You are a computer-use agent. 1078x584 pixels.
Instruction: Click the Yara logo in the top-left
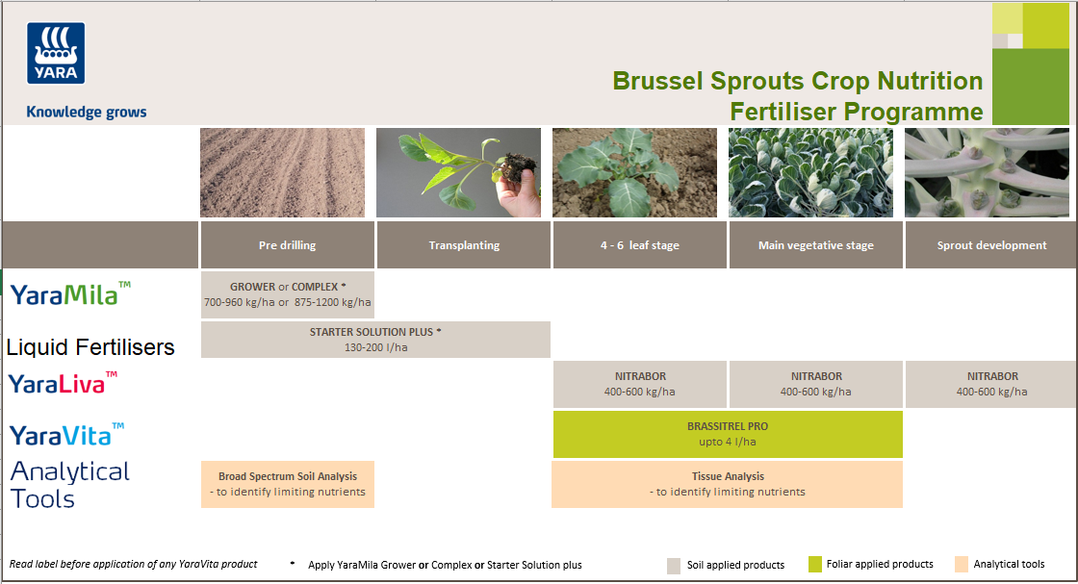coord(57,54)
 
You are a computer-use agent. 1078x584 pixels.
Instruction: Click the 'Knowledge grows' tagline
coord(87,112)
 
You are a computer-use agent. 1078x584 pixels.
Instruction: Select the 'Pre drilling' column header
coord(287,245)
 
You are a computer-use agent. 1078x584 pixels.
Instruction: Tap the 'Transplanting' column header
coord(464,245)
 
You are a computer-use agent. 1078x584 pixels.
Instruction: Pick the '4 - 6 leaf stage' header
coord(639,245)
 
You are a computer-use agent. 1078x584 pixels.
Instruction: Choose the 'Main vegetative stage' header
coord(815,245)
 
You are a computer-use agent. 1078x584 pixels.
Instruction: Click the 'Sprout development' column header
coord(991,245)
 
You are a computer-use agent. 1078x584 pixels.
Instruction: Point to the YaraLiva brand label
coord(64,383)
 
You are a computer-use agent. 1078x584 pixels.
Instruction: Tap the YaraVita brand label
coord(67,435)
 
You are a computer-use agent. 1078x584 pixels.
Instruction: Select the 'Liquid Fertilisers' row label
coord(90,347)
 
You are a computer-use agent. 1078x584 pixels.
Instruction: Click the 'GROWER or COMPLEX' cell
coord(287,294)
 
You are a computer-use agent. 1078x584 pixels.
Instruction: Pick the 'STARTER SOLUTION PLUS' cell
coord(375,340)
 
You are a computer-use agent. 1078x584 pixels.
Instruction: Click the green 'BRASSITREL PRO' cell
coord(728,434)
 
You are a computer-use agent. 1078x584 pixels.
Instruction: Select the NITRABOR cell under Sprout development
coord(991,384)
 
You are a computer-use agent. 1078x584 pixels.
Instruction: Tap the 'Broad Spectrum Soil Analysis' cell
coord(287,484)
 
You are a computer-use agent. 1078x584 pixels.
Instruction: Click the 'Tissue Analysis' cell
coord(728,484)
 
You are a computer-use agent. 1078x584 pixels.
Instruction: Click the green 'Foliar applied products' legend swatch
coord(814,564)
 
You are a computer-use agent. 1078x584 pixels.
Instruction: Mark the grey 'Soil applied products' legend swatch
coord(675,566)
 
